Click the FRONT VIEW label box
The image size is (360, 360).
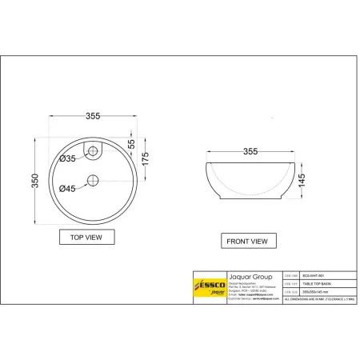click(246, 240)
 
